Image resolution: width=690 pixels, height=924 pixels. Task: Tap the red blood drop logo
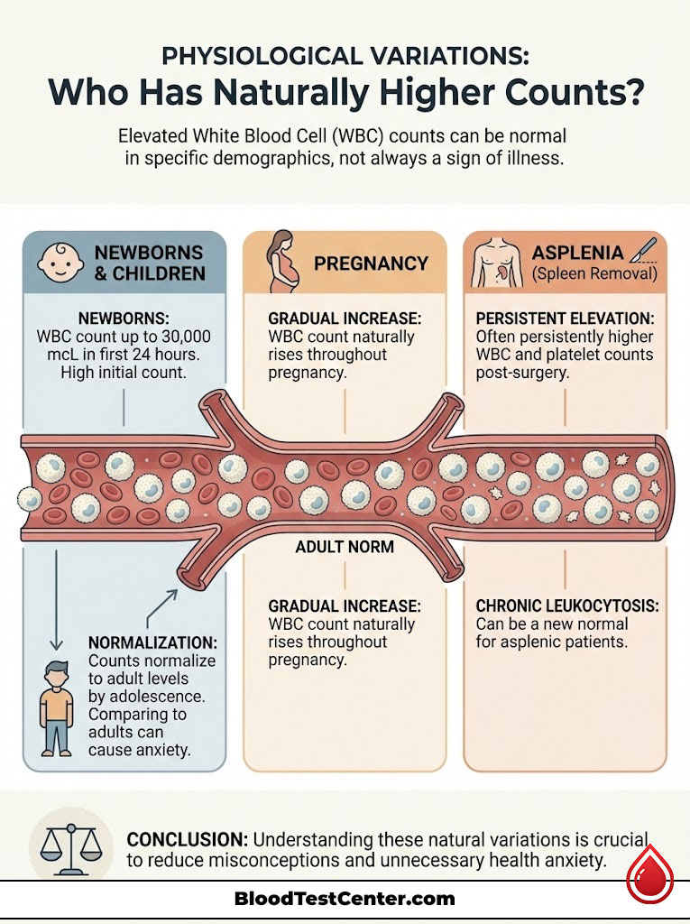click(649, 873)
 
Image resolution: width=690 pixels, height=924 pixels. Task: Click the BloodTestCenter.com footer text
click(345, 899)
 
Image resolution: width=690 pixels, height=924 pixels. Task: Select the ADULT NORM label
click(345, 547)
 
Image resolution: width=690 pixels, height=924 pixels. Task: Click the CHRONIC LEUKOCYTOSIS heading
click(559, 605)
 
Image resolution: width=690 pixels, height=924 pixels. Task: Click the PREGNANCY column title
click(371, 263)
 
